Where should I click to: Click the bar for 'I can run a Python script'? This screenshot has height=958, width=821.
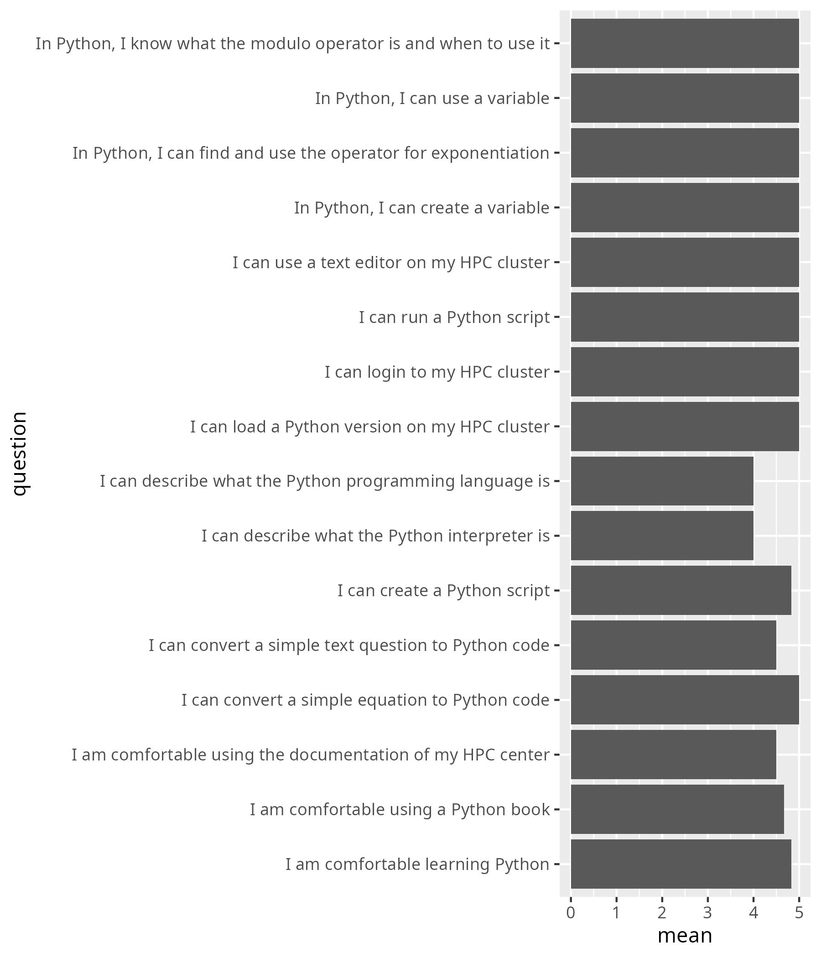pyautogui.click(x=685, y=317)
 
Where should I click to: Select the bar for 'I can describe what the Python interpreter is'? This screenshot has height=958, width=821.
pyautogui.click(x=662, y=536)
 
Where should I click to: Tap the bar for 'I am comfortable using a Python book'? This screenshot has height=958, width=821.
pyautogui.click(x=677, y=810)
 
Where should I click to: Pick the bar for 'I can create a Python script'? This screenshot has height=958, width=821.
pyautogui.click(x=681, y=590)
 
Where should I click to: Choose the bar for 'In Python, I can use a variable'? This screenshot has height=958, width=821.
pyautogui.click(x=685, y=98)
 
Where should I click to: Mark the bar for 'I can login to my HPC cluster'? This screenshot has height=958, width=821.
pyautogui.click(x=685, y=372)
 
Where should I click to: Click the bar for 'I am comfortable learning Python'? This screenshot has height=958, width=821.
pyautogui.click(x=681, y=864)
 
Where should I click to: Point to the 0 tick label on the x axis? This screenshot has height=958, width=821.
pyautogui.click(x=571, y=913)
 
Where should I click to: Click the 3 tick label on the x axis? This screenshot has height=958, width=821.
pyautogui.click(x=708, y=913)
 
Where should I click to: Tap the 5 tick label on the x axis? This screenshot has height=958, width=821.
pyautogui.click(x=799, y=913)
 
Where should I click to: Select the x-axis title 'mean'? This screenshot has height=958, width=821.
pyautogui.click(x=685, y=936)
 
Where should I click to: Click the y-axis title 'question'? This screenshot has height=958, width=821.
pyautogui.click(x=20, y=453)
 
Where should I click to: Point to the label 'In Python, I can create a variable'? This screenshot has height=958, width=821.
pyautogui.click(x=421, y=208)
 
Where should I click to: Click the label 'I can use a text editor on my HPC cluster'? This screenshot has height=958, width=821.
pyautogui.click(x=390, y=263)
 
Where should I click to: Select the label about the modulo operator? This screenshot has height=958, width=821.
pyautogui.click(x=293, y=44)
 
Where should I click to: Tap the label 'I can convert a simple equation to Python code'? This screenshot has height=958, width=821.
pyautogui.click(x=365, y=700)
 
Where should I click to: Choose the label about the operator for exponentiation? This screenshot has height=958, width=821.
pyautogui.click(x=311, y=153)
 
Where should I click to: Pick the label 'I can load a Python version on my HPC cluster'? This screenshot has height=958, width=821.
pyautogui.click(x=370, y=427)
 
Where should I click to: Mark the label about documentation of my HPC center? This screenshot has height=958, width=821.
pyautogui.click(x=310, y=755)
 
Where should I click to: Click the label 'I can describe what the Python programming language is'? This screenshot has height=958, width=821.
pyautogui.click(x=324, y=481)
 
